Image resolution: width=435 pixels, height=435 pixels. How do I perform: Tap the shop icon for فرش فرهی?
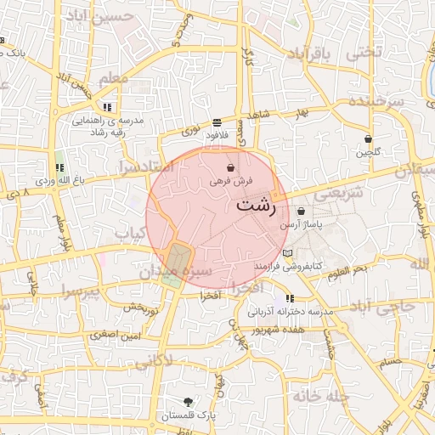(x=231, y=169)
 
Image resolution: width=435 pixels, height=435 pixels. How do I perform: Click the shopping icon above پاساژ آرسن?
(x=301, y=212)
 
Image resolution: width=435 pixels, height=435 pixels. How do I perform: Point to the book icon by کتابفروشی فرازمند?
(x=287, y=254)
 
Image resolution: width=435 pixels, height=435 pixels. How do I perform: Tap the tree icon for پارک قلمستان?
(x=188, y=401)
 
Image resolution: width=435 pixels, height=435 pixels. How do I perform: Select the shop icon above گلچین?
(x=367, y=138)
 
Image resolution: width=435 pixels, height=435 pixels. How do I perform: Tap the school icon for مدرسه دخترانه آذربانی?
(x=291, y=299)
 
